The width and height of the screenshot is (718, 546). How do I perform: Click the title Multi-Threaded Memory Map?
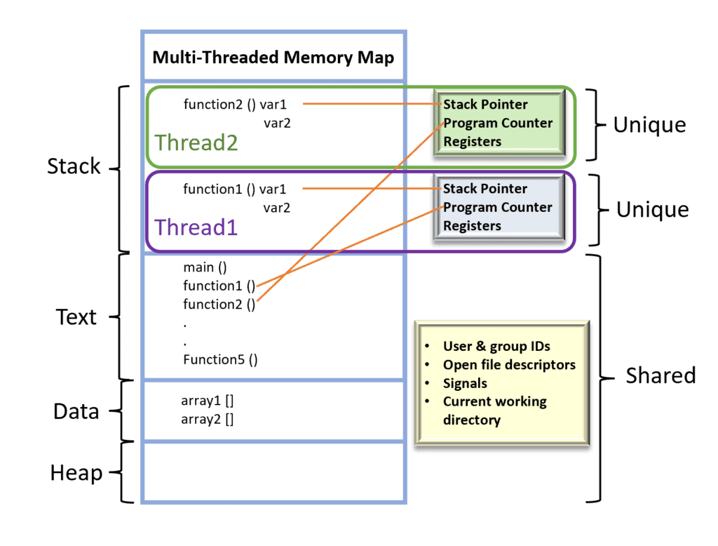pos(273,57)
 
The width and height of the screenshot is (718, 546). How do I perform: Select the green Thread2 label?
pos(196,142)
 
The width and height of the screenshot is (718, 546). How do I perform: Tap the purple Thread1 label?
pos(196,227)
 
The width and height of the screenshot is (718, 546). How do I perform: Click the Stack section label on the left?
pos(74,166)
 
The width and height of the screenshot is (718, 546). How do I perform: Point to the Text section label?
pos(76,317)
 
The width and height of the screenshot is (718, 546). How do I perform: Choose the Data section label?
pos(76,411)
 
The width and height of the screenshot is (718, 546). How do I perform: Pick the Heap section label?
pos(76,473)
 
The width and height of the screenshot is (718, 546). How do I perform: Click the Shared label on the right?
pos(661,375)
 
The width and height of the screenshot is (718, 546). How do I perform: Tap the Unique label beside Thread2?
pos(649,125)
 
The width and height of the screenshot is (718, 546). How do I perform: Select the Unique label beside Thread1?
pos(652,210)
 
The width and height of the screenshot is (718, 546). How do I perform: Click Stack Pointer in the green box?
pos(485,105)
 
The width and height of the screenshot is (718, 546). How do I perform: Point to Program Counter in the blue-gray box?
pos(498,208)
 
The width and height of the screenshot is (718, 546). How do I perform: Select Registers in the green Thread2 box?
pos(472,142)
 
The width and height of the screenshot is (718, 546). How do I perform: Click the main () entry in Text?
pos(205,267)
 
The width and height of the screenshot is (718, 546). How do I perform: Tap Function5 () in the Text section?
pos(221,360)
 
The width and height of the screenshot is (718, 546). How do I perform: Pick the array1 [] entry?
pos(208,401)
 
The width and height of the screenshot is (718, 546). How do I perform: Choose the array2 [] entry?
pos(208,420)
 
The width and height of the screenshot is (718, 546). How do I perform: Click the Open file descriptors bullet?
pos(509,365)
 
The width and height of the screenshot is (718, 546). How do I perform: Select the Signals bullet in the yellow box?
pos(465,384)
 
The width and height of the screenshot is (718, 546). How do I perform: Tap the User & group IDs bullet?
pos(496,346)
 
